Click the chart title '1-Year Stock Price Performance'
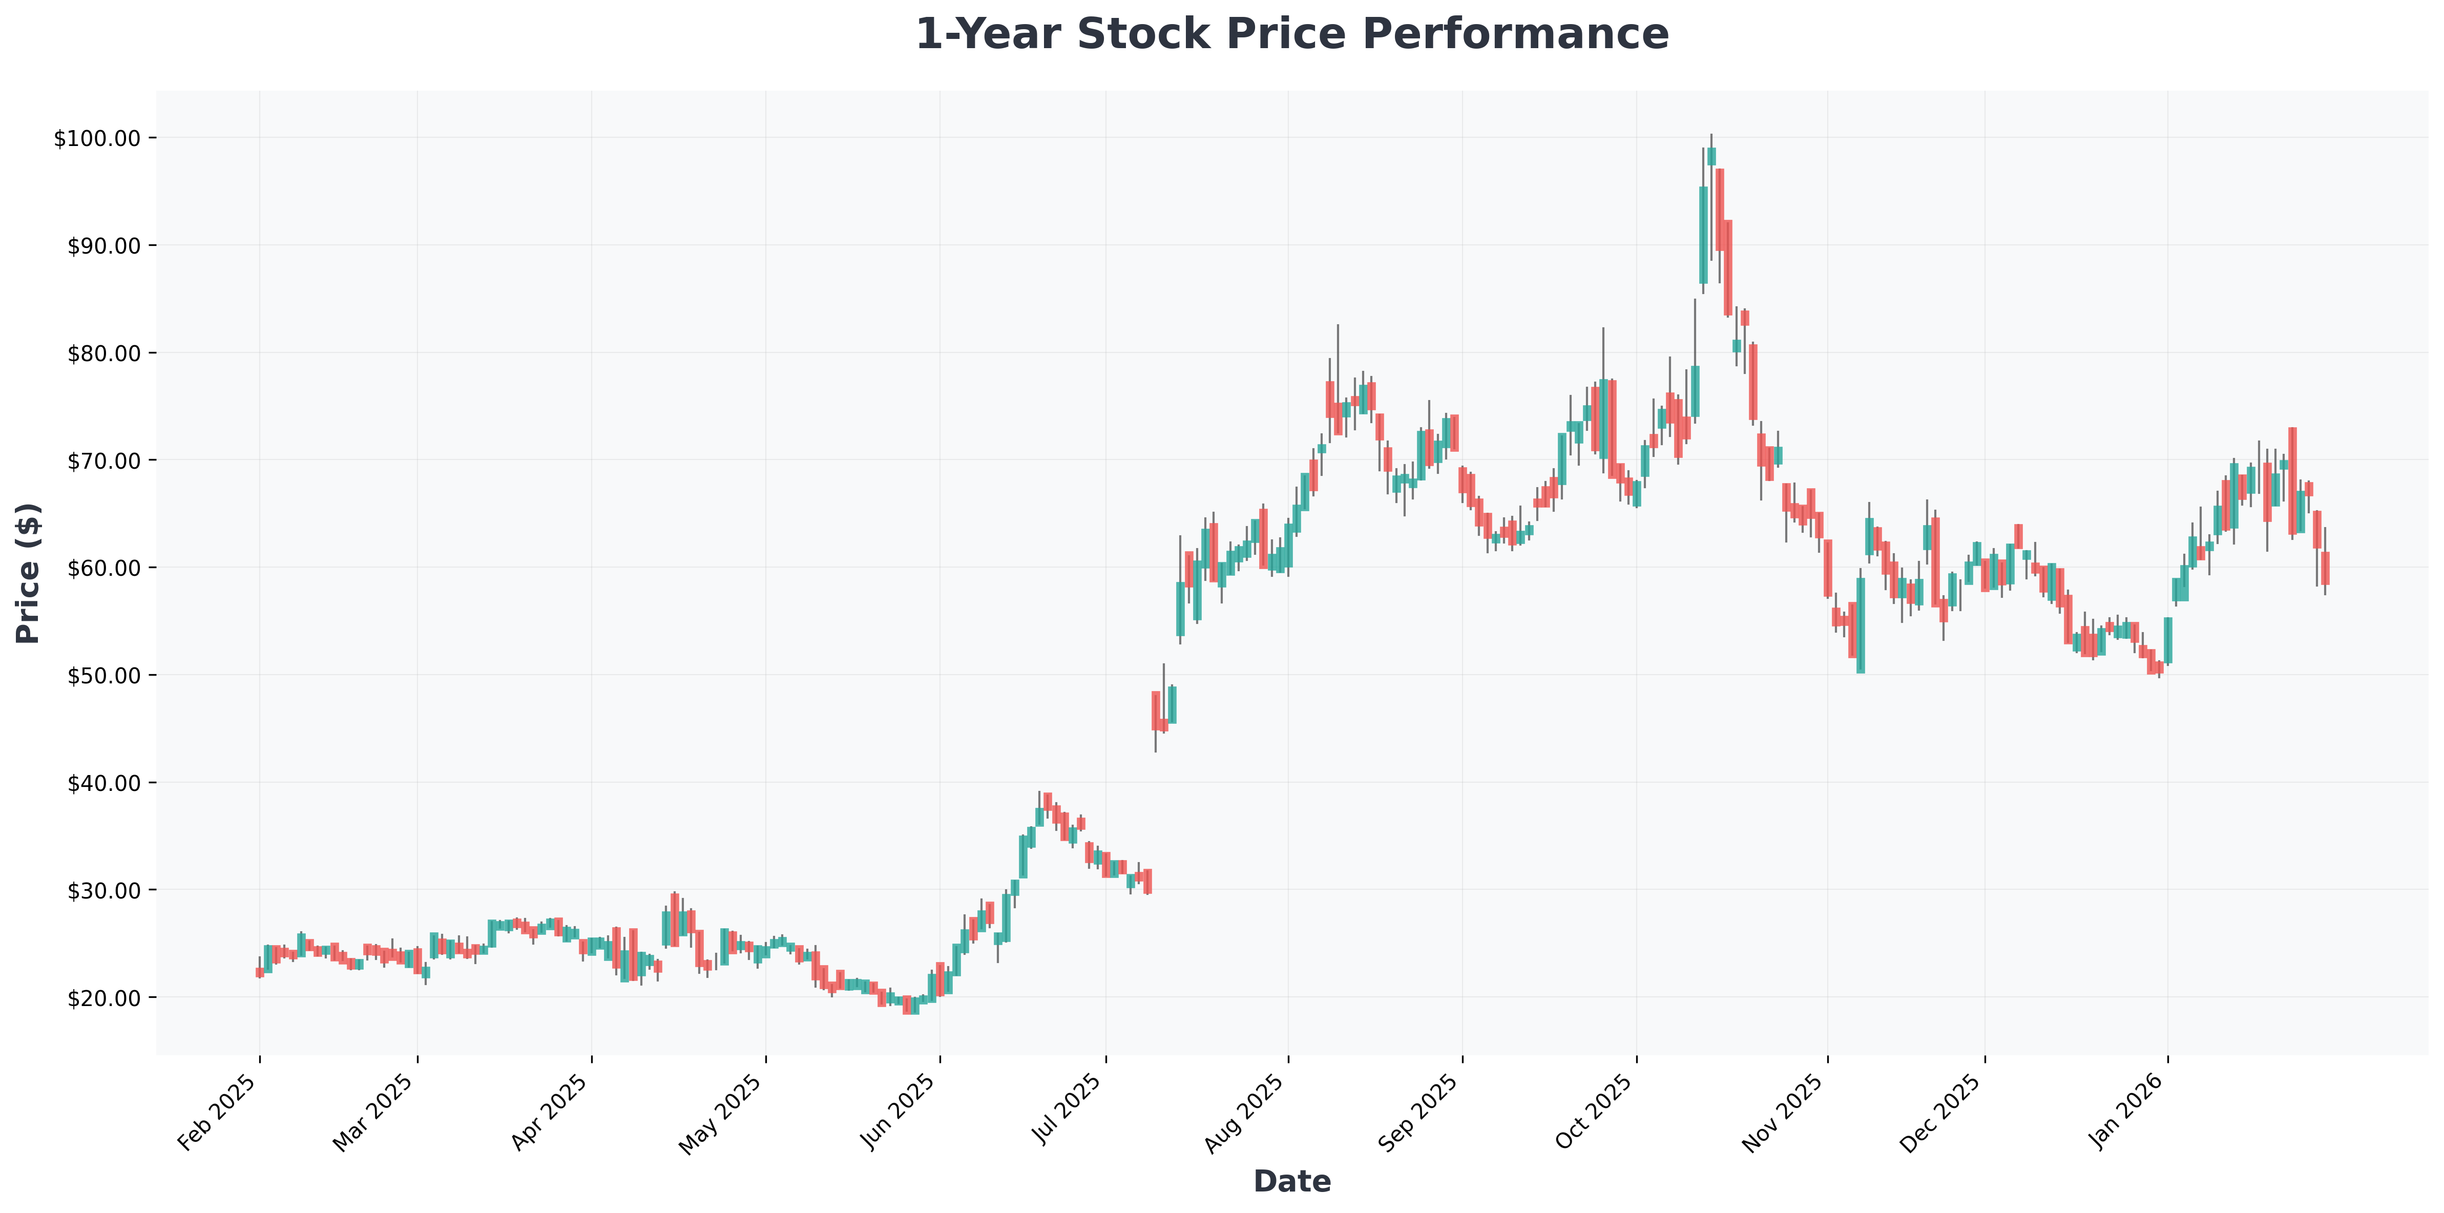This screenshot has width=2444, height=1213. [1291, 34]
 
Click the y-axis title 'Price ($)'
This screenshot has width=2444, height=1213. [29, 573]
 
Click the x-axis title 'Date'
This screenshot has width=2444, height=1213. [1291, 1181]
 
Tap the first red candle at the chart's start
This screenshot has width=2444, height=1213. [260, 972]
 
